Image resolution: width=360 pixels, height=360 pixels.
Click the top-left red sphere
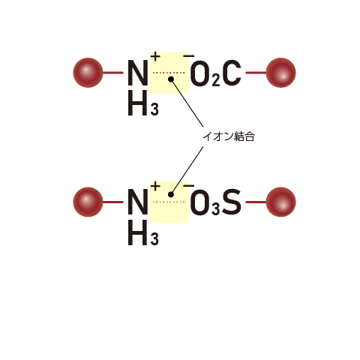click(x=88, y=73)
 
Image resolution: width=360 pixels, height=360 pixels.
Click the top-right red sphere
click(x=280, y=73)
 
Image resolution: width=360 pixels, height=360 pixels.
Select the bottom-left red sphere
click(x=88, y=202)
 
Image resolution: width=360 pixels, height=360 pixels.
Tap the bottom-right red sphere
click(x=280, y=202)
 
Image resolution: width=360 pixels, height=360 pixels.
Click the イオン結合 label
click(x=229, y=136)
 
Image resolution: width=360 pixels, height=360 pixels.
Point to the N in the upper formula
click(x=137, y=73)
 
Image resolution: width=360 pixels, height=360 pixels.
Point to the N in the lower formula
click(x=137, y=202)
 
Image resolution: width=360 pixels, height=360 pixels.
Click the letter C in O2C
click(x=232, y=73)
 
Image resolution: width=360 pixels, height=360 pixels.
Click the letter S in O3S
click(x=232, y=202)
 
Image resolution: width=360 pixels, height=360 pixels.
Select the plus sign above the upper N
click(x=155, y=56)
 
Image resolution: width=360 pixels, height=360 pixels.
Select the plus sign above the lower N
click(x=155, y=186)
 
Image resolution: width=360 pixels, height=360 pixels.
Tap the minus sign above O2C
click(x=189, y=56)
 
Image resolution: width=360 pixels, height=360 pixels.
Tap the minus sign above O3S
click(x=189, y=185)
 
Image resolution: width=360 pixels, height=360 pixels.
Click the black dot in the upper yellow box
click(x=171, y=79)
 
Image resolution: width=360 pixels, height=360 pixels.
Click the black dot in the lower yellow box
click(x=171, y=194)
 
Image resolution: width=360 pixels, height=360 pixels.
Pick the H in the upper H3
click(x=137, y=103)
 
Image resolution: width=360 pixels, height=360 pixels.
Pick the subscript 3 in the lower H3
click(x=154, y=238)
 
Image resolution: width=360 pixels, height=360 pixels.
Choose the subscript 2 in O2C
click(x=216, y=80)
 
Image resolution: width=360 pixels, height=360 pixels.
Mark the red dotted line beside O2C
click(x=169, y=73)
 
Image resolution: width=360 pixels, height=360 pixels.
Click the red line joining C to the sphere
click(x=256, y=73)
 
